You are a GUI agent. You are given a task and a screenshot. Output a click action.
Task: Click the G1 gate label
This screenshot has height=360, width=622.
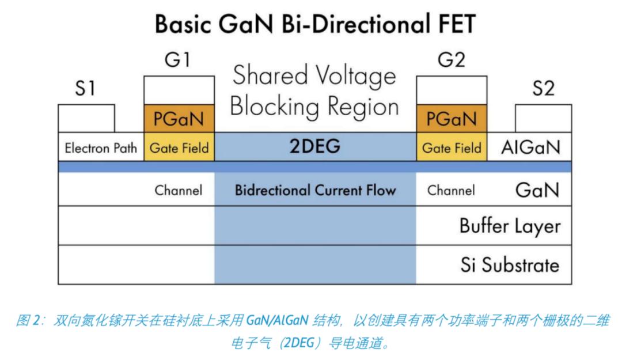(x=178, y=60)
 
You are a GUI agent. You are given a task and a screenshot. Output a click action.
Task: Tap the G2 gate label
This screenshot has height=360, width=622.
(x=452, y=60)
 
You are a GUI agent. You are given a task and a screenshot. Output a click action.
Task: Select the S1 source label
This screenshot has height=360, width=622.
(x=85, y=88)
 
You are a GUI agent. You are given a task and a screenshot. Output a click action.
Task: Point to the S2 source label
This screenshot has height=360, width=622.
(x=543, y=88)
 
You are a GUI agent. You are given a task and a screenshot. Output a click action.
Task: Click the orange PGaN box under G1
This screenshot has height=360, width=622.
(x=179, y=118)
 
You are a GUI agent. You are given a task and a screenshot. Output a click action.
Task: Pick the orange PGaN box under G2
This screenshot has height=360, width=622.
(x=452, y=118)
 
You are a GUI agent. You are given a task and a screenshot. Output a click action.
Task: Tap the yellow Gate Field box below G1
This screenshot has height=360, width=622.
(x=179, y=147)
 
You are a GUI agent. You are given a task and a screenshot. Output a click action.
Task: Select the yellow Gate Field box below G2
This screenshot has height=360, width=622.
(x=452, y=147)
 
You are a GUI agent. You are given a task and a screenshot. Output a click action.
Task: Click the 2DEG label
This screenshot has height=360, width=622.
(x=315, y=146)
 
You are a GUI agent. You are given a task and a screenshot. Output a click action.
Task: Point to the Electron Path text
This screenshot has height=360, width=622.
(x=101, y=148)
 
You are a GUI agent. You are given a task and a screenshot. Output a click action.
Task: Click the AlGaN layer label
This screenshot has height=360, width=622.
(x=530, y=147)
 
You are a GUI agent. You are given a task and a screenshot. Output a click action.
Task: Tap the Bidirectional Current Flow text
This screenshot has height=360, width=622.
(x=316, y=190)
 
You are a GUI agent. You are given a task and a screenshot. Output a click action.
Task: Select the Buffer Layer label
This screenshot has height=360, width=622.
(x=510, y=226)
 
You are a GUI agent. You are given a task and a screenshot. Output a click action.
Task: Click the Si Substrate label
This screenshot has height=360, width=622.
(x=510, y=265)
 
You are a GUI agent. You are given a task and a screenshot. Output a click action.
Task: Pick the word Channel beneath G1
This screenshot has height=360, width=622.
(x=179, y=190)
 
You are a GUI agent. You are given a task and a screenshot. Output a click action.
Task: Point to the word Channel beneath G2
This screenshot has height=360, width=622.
(x=451, y=190)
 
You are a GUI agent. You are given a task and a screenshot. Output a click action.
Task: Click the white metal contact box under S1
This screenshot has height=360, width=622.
(x=86, y=118)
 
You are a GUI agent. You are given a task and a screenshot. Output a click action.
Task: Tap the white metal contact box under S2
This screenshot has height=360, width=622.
(x=544, y=118)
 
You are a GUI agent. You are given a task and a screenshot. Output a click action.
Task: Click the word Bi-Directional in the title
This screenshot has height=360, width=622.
(x=356, y=24)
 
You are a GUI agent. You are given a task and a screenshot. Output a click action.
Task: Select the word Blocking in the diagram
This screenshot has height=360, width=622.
(x=275, y=107)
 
